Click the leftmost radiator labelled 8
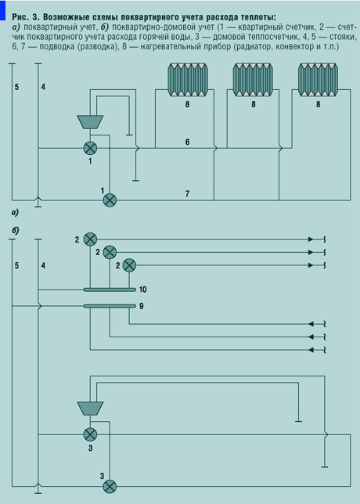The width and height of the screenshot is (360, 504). tap(188, 80)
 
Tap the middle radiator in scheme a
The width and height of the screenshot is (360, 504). tap(253, 80)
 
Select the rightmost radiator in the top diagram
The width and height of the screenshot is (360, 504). tap(318, 80)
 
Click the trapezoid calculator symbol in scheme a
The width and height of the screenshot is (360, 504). tap(90, 122)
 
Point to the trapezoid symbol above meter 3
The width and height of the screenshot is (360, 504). tap(90, 409)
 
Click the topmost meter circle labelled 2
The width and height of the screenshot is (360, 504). tap(90, 239)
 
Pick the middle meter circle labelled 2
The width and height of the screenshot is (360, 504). tap(110, 252)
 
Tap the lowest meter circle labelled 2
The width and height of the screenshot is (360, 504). tap(129, 265)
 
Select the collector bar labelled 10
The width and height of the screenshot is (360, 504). tap(110, 290)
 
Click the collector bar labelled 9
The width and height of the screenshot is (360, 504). tap(110, 306)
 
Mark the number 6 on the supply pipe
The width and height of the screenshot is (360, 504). tap(187, 142)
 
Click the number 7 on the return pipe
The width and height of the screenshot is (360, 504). tap(187, 193)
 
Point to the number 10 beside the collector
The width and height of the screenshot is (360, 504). tap(142, 290)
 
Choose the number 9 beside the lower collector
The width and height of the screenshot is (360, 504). tap(141, 306)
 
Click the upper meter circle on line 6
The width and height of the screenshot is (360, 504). tap(90, 148)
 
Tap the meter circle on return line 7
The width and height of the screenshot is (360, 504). tap(110, 200)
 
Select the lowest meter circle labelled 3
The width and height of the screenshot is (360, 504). tap(110, 487)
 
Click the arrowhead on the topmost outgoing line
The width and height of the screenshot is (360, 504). tap(311, 239)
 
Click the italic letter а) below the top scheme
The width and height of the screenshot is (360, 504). tap(15, 212)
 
